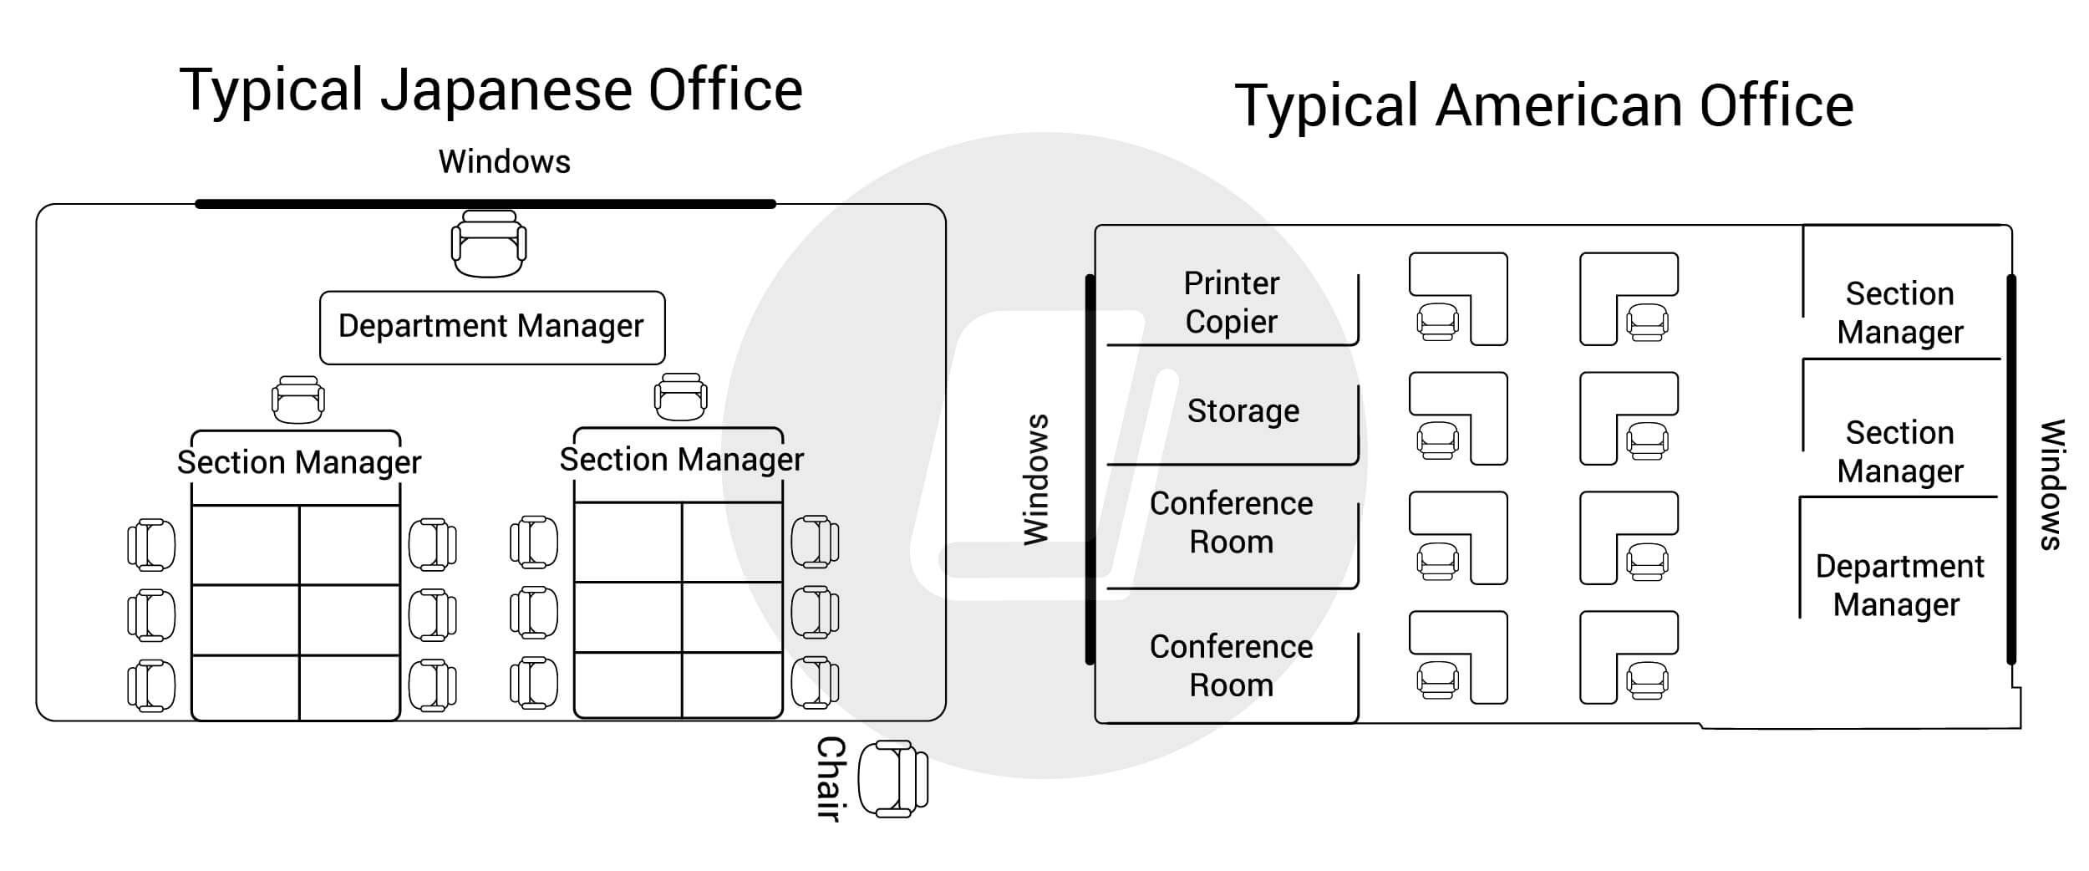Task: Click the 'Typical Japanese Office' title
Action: click(x=491, y=90)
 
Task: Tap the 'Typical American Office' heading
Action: click(x=1544, y=106)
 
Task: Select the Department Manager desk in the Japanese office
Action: click(x=491, y=327)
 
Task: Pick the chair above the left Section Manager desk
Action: click(x=298, y=400)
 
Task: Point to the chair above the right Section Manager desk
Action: click(x=680, y=397)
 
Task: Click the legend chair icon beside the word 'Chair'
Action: click(x=893, y=778)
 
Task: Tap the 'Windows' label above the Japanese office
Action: click(x=504, y=162)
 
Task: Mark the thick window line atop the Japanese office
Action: click(x=485, y=203)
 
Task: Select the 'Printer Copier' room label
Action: click(x=1231, y=303)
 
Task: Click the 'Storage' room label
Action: click(x=1243, y=411)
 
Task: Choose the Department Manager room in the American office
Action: click(x=1898, y=585)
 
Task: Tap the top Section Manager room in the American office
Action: click(x=1899, y=313)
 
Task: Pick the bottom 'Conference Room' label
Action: click(x=1231, y=665)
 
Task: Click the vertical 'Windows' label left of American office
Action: click(x=1036, y=480)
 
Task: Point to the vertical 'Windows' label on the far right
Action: click(x=2052, y=484)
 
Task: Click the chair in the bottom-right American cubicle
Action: click(x=1646, y=680)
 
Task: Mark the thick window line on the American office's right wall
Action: click(x=2011, y=468)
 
